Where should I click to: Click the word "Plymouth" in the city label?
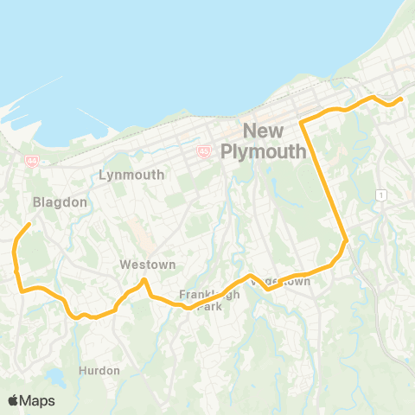coord(265,152)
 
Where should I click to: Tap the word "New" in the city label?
coord(265,132)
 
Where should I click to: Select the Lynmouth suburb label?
coord(131,175)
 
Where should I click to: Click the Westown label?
coord(148,265)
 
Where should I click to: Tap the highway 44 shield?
coord(32,160)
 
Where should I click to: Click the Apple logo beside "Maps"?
coord(13,400)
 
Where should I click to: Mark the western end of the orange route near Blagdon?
coord(29,225)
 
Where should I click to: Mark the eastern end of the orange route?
coord(402,100)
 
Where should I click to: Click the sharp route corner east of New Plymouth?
coord(302,124)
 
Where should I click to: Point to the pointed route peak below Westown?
coord(144,280)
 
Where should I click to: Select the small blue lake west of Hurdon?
coord(55,377)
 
